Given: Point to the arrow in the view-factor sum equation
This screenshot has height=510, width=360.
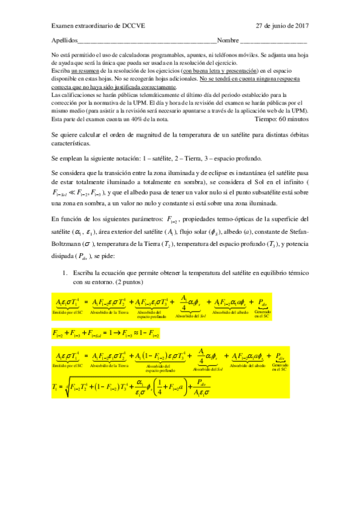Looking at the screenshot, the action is (x=113, y=332).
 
